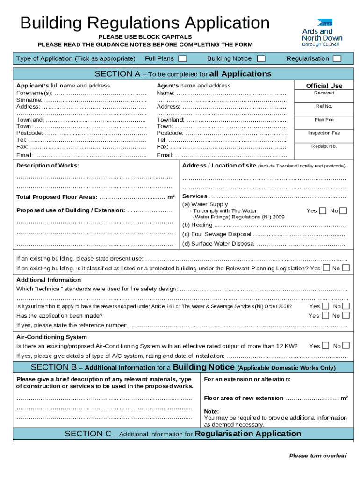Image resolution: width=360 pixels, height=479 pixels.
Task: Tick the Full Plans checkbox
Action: (x=183, y=58)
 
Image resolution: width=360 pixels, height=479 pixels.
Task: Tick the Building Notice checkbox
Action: (x=261, y=58)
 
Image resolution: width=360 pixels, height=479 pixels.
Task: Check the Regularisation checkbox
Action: (x=337, y=58)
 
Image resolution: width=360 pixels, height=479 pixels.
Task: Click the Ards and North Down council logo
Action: (x=322, y=32)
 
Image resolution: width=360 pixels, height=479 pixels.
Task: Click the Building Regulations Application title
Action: (x=145, y=22)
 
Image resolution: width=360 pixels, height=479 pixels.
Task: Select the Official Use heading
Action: (x=324, y=86)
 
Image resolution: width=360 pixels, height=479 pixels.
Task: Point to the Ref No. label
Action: (x=324, y=106)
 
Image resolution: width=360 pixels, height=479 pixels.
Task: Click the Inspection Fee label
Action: (x=324, y=133)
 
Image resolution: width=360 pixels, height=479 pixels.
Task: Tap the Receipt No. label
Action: (x=324, y=146)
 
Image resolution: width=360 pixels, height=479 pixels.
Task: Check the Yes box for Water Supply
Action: (x=323, y=210)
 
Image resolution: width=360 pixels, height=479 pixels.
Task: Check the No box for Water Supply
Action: (x=344, y=210)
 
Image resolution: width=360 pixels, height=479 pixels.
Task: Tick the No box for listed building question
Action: (x=346, y=268)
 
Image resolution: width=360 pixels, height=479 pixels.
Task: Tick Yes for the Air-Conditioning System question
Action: (x=325, y=346)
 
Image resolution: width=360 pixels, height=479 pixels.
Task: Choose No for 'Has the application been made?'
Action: (x=346, y=316)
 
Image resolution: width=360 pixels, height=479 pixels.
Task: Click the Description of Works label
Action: (x=48, y=166)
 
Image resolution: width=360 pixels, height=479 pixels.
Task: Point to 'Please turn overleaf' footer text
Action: (x=318, y=456)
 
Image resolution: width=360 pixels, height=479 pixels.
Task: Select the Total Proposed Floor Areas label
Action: (x=57, y=197)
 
